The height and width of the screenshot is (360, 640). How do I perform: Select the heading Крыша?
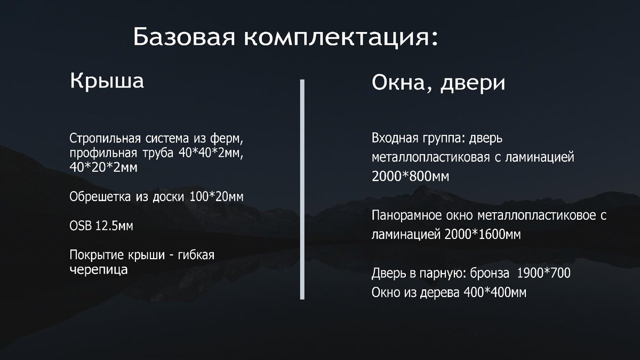pyautogui.click(x=107, y=81)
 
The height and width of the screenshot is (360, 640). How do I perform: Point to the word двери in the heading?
pyautogui.click(x=473, y=83)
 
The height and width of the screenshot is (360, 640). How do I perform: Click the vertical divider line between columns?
pyautogui.click(x=302, y=189)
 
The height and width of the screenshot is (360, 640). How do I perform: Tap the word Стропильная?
pyautogui.click(x=105, y=139)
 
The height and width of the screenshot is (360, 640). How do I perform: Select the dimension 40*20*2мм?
pyautogui.click(x=103, y=167)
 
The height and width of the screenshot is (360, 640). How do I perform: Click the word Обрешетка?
pyautogui.click(x=100, y=197)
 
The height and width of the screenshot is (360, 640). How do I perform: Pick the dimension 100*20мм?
pyautogui.click(x=217, y=197)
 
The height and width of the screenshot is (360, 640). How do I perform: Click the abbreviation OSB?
pyautogui.click(x=81, y=226)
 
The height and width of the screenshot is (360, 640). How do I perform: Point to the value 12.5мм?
pyautogui.click(x=114, y=226)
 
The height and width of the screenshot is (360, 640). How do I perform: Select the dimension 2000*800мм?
pyautogui.click(x=410, y=177)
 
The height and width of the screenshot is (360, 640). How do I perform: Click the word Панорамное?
pyautogui.click(x=406, y=215)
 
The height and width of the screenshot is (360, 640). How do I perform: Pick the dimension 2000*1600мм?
pyautogui.click(x=483, y=235)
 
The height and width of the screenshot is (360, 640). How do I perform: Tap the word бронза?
pyautogui.click(x=490, y=274)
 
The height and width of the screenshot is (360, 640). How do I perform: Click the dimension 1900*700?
pyautogui.click(x=543, y=273)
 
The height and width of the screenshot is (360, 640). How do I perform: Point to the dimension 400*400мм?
pyautogui.click(x=495, y=293)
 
